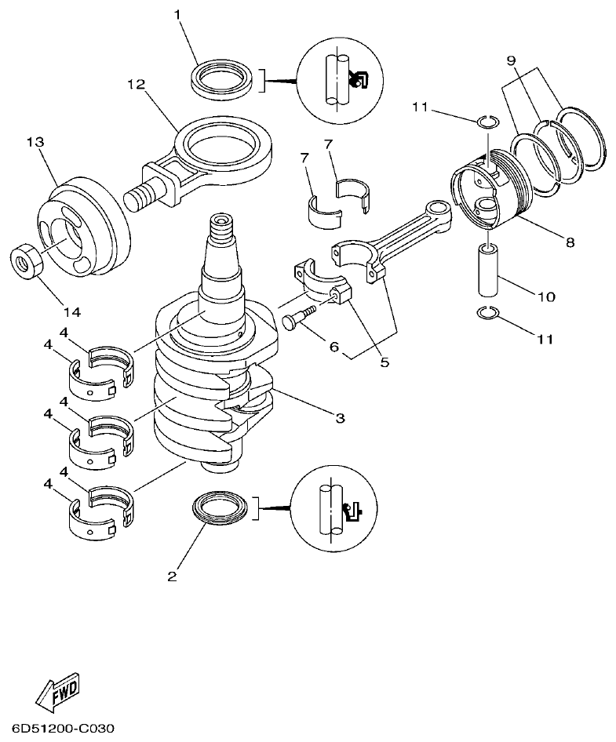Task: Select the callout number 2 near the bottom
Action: (171, 577)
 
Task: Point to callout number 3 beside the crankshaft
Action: (340, 419)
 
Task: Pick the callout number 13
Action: (35, 142)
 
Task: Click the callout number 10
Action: (547, 297)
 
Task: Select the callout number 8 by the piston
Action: (569, 242)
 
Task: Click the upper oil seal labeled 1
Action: (222, 78)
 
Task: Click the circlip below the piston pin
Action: (488, 315)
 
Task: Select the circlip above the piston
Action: (487, 121)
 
